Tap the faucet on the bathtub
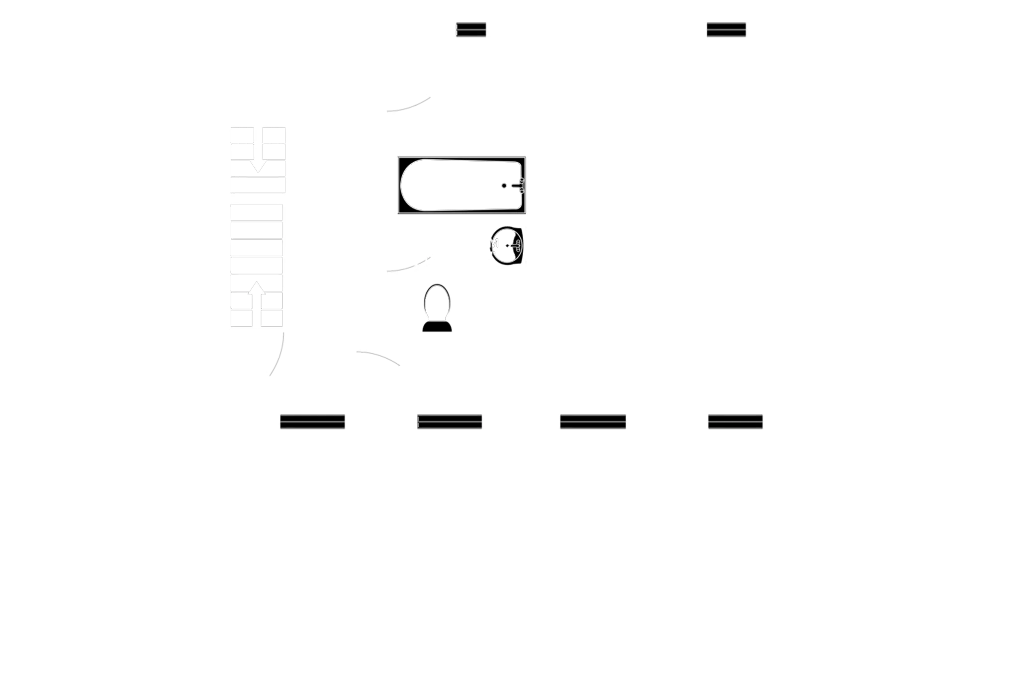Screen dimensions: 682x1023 coord(514,186)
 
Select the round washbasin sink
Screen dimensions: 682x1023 coord(507,246)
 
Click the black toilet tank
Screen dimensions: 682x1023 coord(437,326)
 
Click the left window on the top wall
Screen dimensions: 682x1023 coord(471,29)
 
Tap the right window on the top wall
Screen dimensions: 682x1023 coord(726,30)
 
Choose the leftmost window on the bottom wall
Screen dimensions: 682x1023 coord(312,421)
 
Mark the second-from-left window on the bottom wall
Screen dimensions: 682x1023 coord(450,421)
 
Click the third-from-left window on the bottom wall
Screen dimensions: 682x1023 coord(593,421)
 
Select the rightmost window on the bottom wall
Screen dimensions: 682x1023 coord(736,421)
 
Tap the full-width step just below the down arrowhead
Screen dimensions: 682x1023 coord(258,185)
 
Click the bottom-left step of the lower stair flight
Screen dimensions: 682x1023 coord(242,318)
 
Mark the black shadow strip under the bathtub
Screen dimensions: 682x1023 coord(465,218)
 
